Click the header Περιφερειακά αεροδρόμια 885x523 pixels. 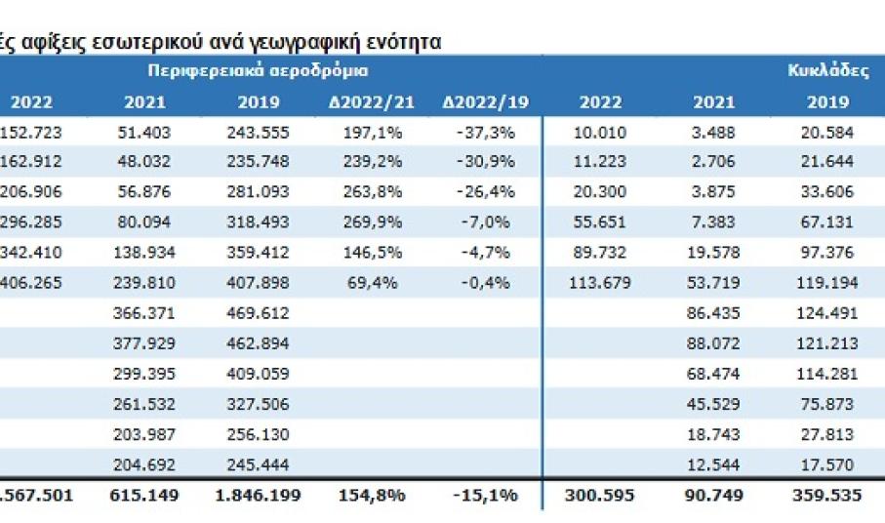click(259, 71)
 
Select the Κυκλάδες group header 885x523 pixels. click(827, 71)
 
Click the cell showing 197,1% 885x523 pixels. click(374, 132)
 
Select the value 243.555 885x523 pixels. click(259, 132)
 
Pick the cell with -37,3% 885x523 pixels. click(485, 132)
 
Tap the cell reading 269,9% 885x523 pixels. click(374, 223)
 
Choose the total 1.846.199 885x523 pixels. click(253, 495)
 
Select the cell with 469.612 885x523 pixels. click(259, 314)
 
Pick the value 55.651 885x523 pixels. click(601, 223)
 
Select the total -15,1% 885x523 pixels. click(485, 495)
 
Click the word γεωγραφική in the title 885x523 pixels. click(304, 41)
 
